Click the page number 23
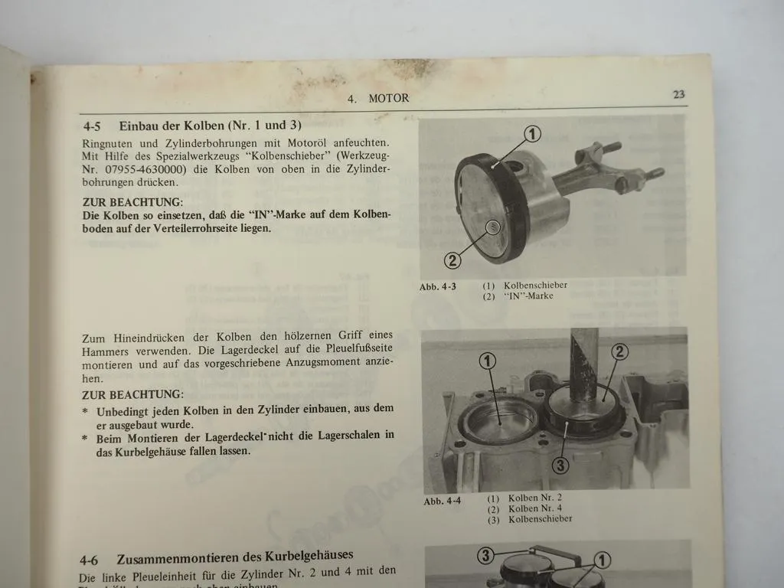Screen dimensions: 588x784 pyautogui.click(x=678, y=95)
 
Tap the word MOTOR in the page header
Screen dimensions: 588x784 pyautogui.click(x=388, y=98)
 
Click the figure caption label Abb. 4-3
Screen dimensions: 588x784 pyautogui.click(x=438, y=287)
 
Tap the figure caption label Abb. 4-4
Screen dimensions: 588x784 pyautogui.click(x=443, y=502)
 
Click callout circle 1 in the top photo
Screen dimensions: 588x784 pyautogui.click(x=532, y=134)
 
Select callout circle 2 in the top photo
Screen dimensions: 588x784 pyautogui.click(x=453, y=260)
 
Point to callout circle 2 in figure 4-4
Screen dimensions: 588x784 pyautogui.click(x=619, y=351)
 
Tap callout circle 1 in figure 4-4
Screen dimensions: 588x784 pyautogui.click(x=488, y=360)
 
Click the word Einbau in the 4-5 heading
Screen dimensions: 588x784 pyautogui.click(x=140, y=125)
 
